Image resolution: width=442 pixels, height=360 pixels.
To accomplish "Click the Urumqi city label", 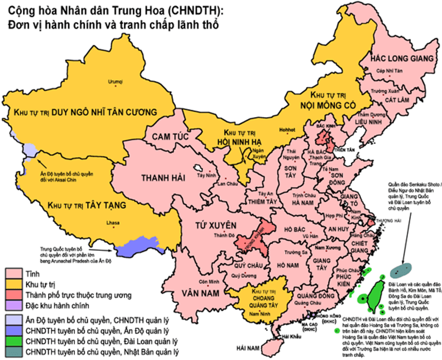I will (116, 80).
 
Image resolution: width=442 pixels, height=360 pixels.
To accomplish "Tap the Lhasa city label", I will (113, 223).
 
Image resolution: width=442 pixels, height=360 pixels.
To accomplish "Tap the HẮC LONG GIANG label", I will (401, 58).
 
